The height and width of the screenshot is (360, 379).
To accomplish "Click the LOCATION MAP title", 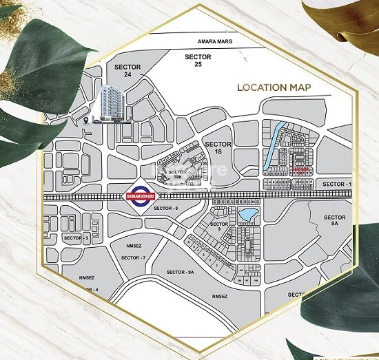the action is (x=274, y=87).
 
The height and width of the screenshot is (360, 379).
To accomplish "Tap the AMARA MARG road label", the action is (x=212, y=42).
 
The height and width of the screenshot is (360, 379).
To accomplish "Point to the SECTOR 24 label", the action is (x=128, y=71).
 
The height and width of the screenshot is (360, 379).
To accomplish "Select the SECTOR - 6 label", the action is (x=166, y=208).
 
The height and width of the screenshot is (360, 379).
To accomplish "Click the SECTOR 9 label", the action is (x=219, y=227).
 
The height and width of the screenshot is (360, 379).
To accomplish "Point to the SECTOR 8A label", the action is (x=335, y=220).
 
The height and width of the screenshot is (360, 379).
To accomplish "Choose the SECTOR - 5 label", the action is (x=76, y=237).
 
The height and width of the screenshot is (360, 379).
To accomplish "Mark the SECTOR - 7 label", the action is (x=133, y=257).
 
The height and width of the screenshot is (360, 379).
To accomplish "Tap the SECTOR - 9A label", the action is (x=181, y=271).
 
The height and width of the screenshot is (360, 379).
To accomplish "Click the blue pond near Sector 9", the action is (x=245, y=215).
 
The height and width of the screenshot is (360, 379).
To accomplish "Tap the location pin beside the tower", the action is (x=85, y=120).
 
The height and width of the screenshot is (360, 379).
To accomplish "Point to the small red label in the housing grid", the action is (x=300, y=167).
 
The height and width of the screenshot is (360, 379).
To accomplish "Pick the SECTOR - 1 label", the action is (x=337, y=184).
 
